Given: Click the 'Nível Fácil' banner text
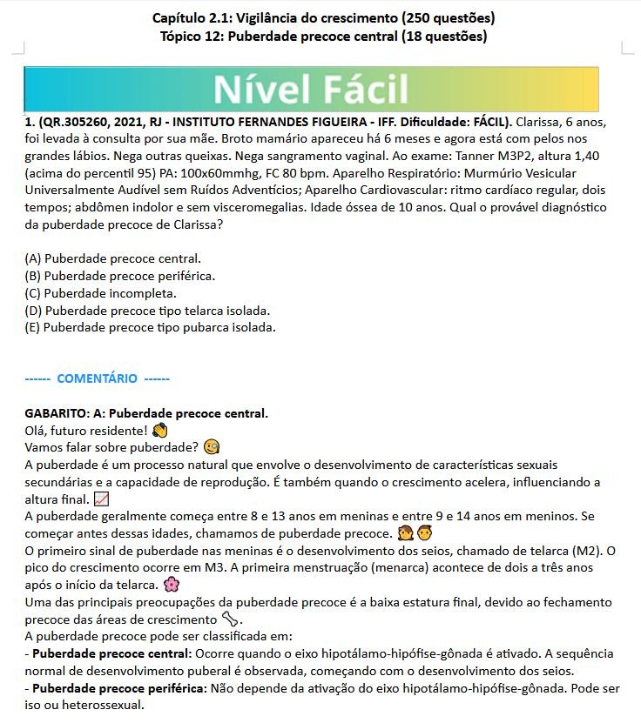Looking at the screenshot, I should pyautogui.click(x=311, y=89).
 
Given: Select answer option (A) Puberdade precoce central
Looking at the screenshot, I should pyautogui.click(x=114, y=258).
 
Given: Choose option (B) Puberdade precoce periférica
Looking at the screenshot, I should pyautogui.click(x=120, y=276).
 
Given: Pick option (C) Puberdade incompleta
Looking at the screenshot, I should pyautogui.click(x=101, y=293).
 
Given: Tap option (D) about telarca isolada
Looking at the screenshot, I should pyautogui.click(x=147, y=311).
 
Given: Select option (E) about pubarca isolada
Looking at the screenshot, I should pyautogui.click(x=150, y=328).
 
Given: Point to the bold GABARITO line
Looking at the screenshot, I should pyautogui.click(x=146, y=413).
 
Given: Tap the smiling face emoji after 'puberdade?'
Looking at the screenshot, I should pyautogui.click(x=211, y=448).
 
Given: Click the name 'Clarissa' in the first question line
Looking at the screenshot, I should pyautogui.click(x=542, y=122).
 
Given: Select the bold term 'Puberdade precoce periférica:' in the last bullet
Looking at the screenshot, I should pyautogui.click(x=118, y=688).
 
